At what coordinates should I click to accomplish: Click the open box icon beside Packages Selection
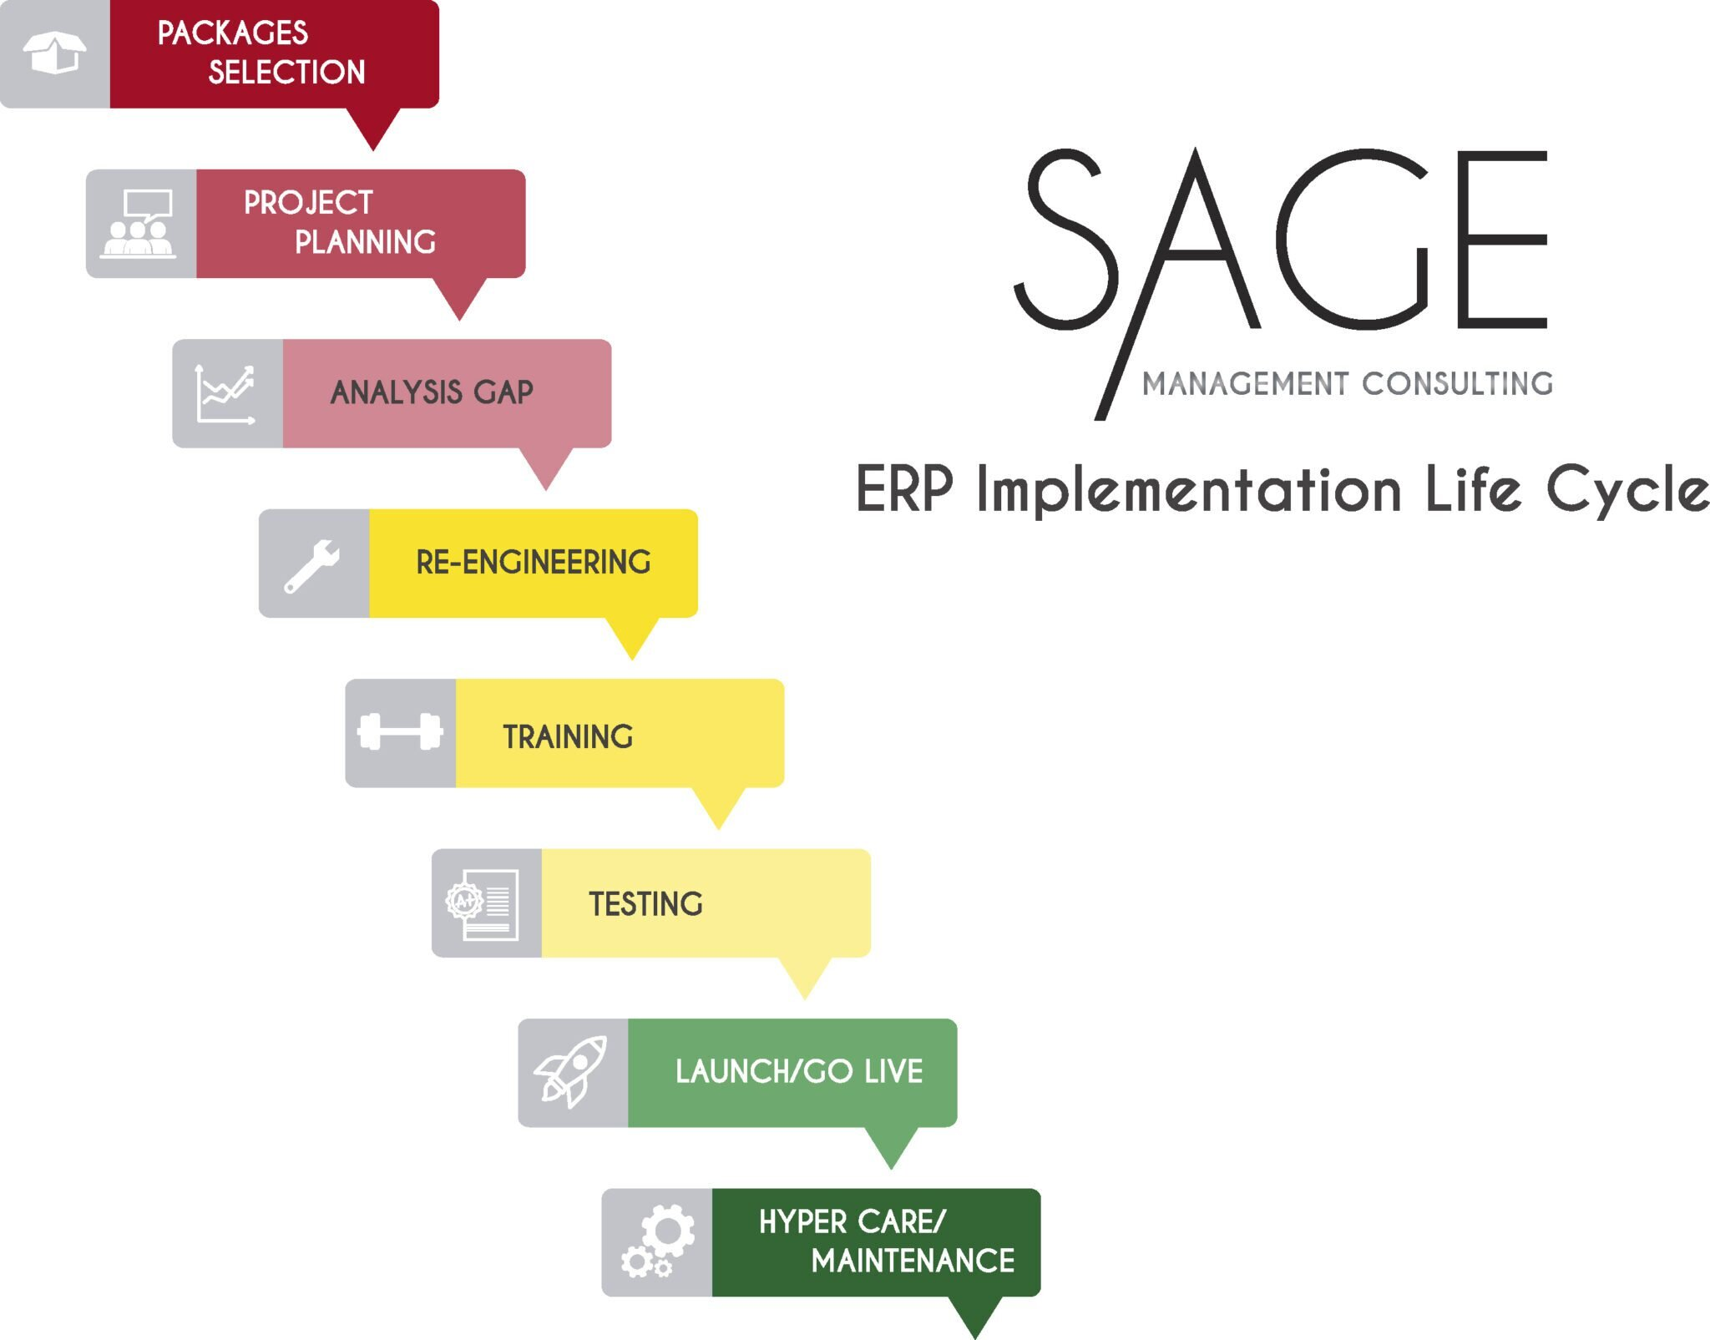click(54, 53)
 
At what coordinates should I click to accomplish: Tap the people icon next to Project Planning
click(139, 224)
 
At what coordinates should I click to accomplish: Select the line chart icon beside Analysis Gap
click(225, 393)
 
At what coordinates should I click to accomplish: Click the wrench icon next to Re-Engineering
click(311, 565)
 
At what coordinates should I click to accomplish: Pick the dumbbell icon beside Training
click(400, 732)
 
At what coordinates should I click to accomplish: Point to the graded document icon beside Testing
click(483, 904)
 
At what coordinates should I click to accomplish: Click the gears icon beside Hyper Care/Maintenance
click(658, 1241)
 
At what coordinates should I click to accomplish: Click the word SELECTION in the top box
click(286, 73)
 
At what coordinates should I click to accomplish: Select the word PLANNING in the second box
click(365, 242)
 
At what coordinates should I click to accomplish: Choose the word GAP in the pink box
click(503, 392)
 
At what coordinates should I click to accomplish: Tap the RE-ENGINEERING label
click(533, 563)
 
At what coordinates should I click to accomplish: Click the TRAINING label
click(568, 737)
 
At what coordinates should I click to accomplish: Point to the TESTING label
click(645, 904)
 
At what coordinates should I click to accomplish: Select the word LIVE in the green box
click(893, 1072)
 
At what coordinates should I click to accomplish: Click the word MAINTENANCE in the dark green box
click(913, 1261)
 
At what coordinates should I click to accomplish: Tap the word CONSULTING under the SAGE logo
click(1457, 384)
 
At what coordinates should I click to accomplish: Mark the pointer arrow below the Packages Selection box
click(373, 129)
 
